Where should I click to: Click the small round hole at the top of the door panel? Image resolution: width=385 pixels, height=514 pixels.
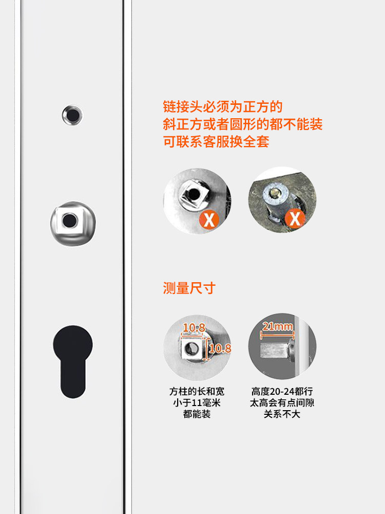pyautogui.click(x=72, y=115)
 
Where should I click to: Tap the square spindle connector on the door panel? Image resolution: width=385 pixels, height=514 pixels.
pyautogui.click(x=72, y=223)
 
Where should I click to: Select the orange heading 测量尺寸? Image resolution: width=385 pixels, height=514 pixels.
pyautogui.click(x=189, y=288)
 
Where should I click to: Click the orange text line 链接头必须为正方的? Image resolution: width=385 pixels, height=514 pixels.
pyautogui.click(x=223, y=107)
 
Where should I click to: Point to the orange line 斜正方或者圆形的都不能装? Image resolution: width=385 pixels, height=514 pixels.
pyautogui.click(x=243, y=124)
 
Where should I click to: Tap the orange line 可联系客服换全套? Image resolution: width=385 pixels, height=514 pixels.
pyautogui.click(x=216, y=142)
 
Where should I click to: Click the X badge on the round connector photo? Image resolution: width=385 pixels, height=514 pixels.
pyautogui.click(x=295, y=218)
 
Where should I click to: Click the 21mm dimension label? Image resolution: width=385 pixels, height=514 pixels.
pyautogui.click(x=277, y=326)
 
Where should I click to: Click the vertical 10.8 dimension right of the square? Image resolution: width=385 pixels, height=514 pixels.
pyautogui.click(x=220, y=349)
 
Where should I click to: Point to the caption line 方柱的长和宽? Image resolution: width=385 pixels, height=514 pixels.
pyautogui.click(x=197, y=392)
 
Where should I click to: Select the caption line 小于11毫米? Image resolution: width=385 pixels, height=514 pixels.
pyautogui.click(x=197, y=403)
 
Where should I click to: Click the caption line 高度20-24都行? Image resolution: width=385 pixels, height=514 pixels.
pyautogui.click(x=282, y=392)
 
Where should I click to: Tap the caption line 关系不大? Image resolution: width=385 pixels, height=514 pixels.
pyautogui.click(x=282, y=414)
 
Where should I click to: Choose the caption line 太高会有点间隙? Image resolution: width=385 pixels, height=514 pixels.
pyautogui.click(x=282, y=403)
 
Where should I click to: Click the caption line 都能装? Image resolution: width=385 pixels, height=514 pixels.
pyautogui.click(x=197, y=414)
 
